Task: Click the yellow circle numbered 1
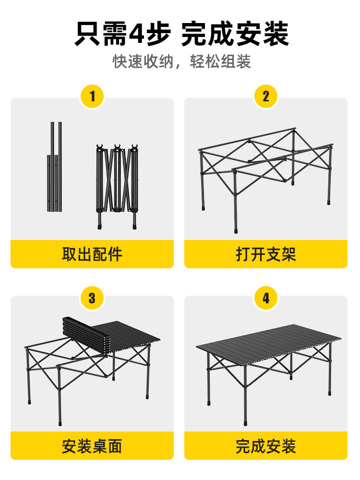(x=92, y=96)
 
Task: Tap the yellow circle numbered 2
(x=266, y=96)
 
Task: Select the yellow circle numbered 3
(x=92, y=298)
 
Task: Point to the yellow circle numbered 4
(x=266, y=298)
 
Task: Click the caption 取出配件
(x=92, y=254)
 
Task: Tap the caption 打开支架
(x=266, y=254)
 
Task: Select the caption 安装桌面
(x=92, y=446)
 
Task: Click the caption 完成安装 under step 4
(x=266, y=446)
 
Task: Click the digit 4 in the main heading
(x=136, y=34)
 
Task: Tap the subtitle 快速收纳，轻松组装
(x=182, y=61)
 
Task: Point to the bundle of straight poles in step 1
(x=55, y=167)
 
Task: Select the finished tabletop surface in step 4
(x=268, y=343)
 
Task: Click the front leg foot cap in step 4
(x=245, y=423)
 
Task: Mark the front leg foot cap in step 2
(x=235, y=230)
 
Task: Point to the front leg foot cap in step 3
(x=60, y=423)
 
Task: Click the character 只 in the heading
(x=87, y=34)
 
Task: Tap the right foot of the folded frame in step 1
(x=134, y=227)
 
